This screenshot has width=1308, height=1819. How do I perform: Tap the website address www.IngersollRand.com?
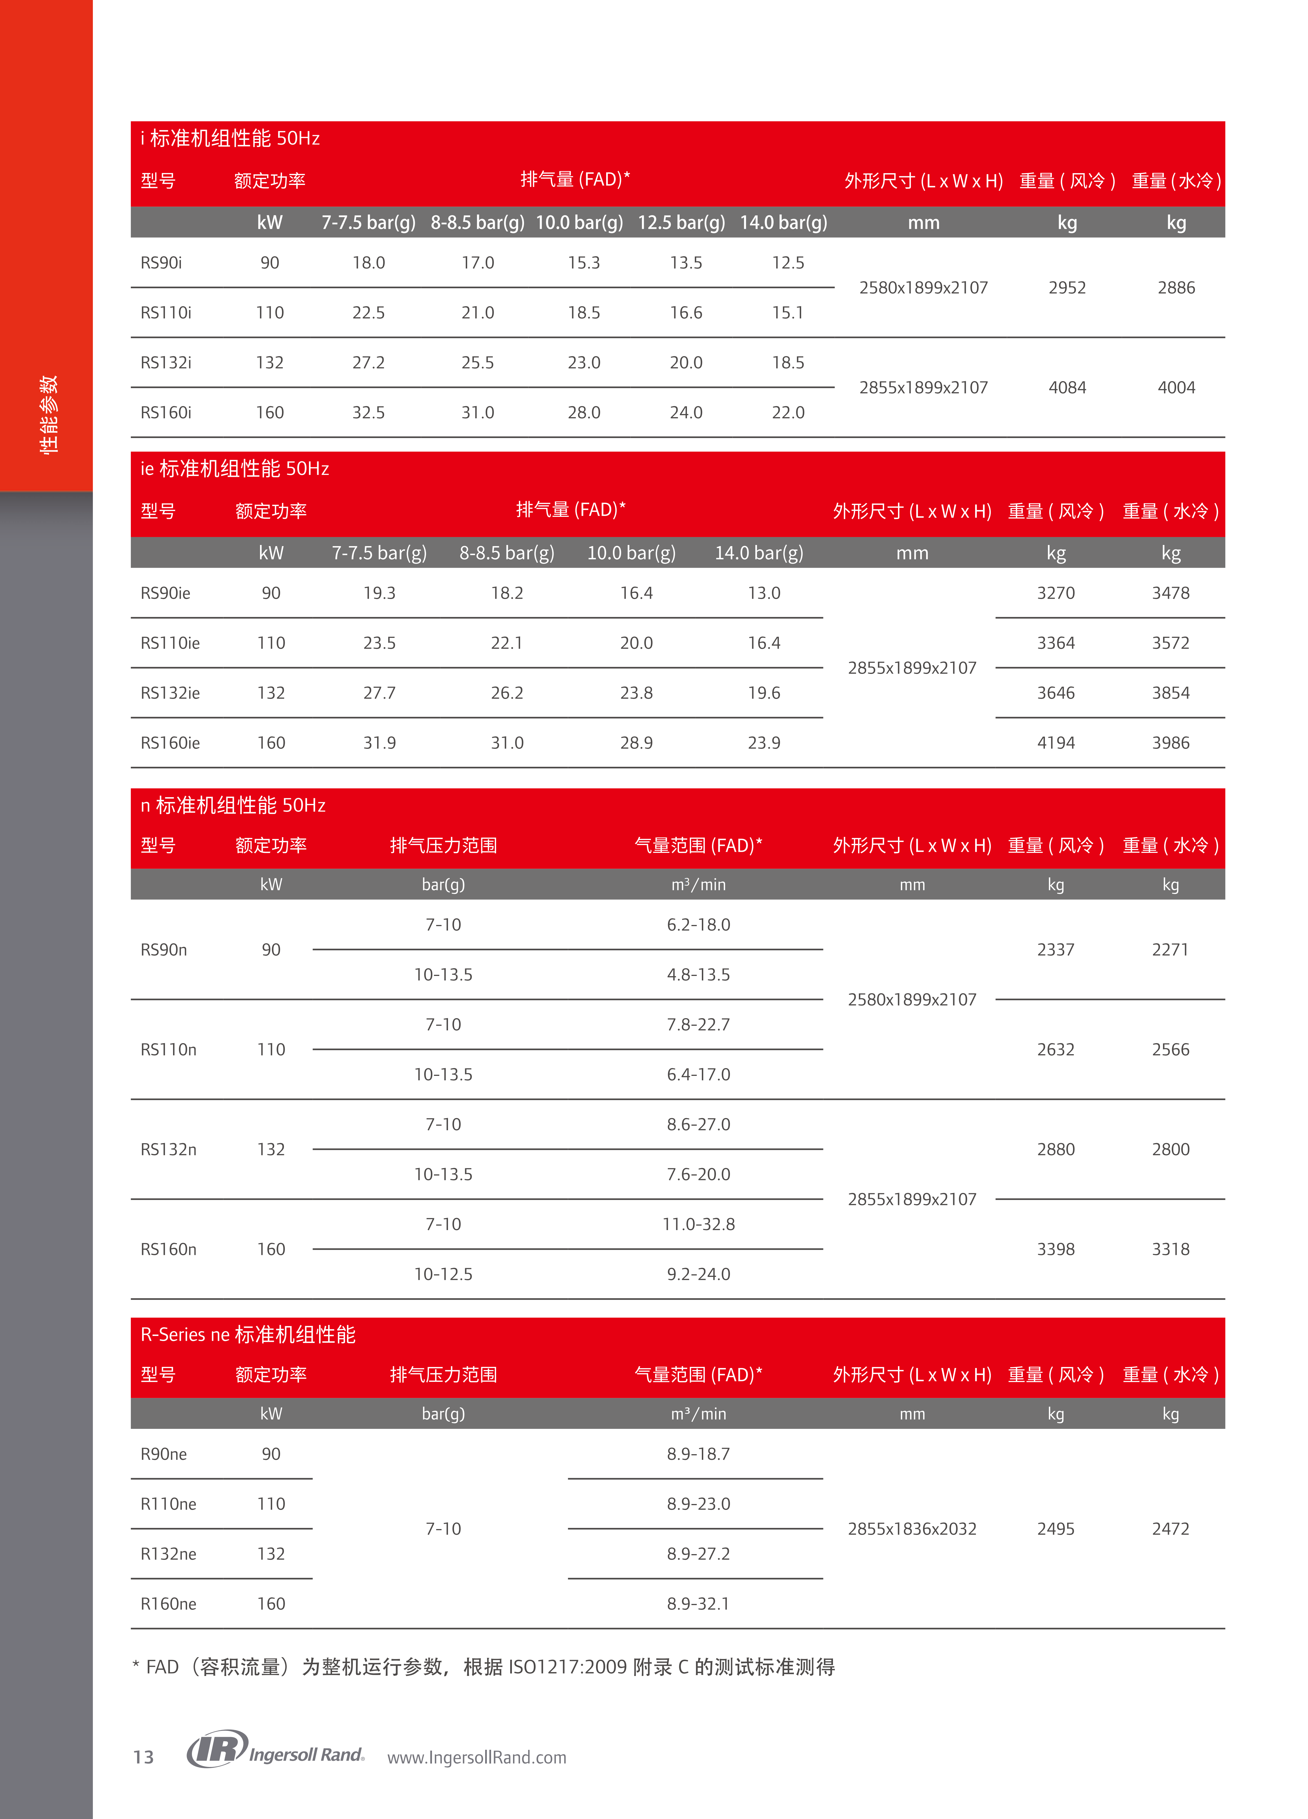coord(476,1757)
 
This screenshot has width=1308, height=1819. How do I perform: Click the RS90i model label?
coord(161,263)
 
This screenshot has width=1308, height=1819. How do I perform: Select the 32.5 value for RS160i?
coord(368,412)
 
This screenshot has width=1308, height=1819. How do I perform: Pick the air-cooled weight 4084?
coord(1067,387)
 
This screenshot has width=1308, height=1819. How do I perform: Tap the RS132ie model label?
coord(170,693)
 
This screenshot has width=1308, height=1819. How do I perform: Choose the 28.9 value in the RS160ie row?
coord(636,743)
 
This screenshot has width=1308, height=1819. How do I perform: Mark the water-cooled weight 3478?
coord(1170,593)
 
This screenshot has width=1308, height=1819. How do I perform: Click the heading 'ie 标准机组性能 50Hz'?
coord(234,468)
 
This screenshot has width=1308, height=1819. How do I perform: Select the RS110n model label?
coord(168,1049)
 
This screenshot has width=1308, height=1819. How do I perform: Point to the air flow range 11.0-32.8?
coord(698,1224)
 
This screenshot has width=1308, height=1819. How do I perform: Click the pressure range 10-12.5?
coord(443,1274)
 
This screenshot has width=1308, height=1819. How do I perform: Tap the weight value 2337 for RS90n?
coord(1055,949)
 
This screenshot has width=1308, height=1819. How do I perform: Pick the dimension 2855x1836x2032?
coord(912,1529)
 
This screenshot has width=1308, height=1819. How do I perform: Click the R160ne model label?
coord(168,1603)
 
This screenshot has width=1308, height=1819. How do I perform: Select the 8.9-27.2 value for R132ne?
coord(698,1554)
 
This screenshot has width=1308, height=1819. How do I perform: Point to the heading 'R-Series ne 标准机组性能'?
coord(248,1335)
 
